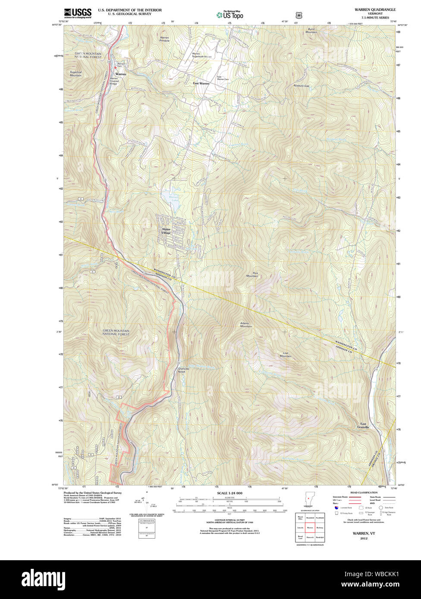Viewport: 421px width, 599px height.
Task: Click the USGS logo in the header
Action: point(78,13)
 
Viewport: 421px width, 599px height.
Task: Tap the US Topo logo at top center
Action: point(229,15)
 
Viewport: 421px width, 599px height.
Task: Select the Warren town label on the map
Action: point(121,74)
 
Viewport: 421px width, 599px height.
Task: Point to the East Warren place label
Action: point(201,83)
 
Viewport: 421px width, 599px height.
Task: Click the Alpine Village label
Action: point(166,231)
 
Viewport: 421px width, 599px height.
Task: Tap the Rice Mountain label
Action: point(252,275)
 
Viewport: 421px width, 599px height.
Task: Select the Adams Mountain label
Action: point(246,324)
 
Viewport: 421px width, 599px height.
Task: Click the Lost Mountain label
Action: point(285,355)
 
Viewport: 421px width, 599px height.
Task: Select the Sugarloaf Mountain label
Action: point(75,74)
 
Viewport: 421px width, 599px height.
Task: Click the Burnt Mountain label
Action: point(311,31)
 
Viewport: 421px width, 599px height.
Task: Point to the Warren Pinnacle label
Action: point(164,39)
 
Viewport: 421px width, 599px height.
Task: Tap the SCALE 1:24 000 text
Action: point(229,493)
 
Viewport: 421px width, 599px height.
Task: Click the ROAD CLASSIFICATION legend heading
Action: point(364,493)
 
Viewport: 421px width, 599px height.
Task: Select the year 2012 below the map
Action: point(364,538)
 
